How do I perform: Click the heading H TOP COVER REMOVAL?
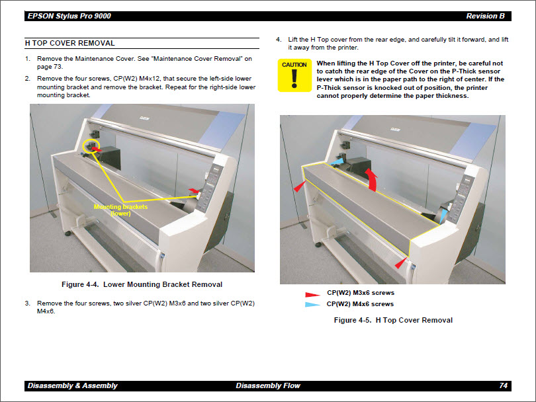point(69,43)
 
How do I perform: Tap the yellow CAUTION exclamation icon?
point(294,75)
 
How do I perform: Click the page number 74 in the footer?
point(503,385)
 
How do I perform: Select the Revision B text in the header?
point(485,16)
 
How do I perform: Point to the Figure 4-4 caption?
point(142,284)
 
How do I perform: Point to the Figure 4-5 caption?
point(393,320)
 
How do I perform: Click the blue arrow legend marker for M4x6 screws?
point(312,305)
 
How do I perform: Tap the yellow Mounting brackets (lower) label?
point(120,210)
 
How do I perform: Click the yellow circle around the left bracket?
point(89,145)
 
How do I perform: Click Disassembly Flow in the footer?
point(268,385)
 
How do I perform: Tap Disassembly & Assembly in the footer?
point(73,385)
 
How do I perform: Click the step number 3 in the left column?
point(28,303)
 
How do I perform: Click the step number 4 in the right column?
point(279,40)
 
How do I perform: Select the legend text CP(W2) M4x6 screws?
point(360,304)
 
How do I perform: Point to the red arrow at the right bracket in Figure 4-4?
point(193,190)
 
